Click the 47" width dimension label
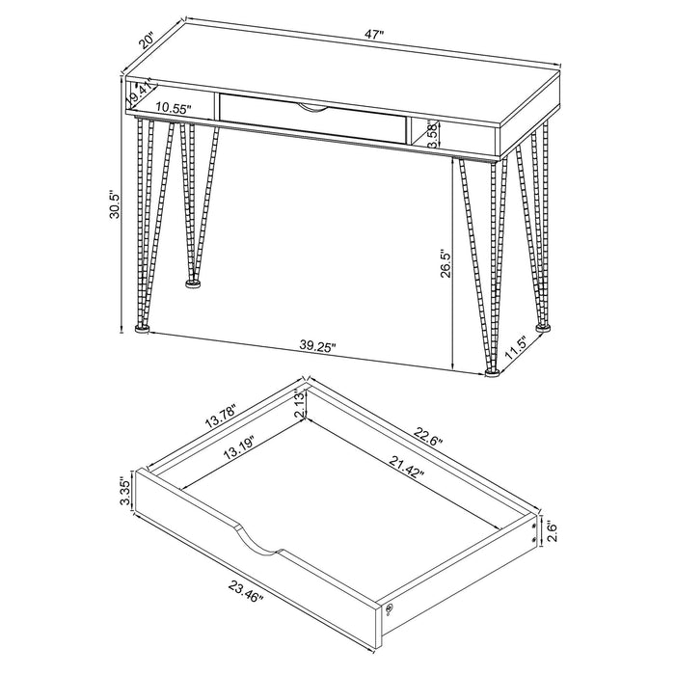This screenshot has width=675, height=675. pos(373,35)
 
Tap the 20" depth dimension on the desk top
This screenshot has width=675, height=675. pos(147,40)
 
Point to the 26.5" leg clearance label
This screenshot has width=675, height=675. pos(445,264)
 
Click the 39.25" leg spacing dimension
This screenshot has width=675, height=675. pos(317,346)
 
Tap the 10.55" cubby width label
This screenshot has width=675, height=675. pos(174,108)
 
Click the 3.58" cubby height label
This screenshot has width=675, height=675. pos(434,135)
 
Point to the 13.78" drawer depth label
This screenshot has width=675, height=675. pos(221,416)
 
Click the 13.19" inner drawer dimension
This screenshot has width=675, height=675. pos(239,448)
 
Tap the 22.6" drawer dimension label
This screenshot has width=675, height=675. pos(428,437)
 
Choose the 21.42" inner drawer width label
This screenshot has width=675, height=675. pos(407,467)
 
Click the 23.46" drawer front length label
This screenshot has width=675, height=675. pos(246,592)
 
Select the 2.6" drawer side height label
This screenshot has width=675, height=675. pos(553,532)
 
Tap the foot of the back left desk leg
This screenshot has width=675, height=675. pos(193,283)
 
